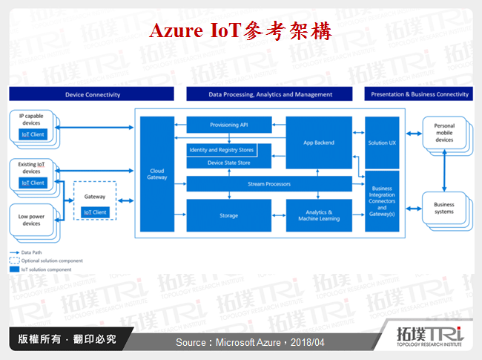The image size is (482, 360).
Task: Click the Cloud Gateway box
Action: tap(157, 173)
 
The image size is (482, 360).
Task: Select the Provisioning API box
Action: tap(228, 125)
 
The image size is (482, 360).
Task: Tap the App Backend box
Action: tap(319, 142)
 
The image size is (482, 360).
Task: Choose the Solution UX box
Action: tap(382, 142)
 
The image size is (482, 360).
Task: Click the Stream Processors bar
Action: tap(269, 183)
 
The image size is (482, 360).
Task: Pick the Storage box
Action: tap(228, 215)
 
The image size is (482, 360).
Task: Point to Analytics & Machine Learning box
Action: tap(319, 215)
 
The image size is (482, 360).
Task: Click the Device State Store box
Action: tap(228, 162)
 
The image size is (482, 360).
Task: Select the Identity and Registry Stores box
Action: tap(220, 150)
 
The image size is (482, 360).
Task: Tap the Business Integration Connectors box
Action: tap(382, 200)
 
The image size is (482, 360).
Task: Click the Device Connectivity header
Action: tap(92, 94)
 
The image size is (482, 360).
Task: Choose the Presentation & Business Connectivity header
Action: tap(419, 94)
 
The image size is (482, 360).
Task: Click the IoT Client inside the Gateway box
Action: tap(95, 212)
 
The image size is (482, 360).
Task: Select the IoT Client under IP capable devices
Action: tap(32, 134)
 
